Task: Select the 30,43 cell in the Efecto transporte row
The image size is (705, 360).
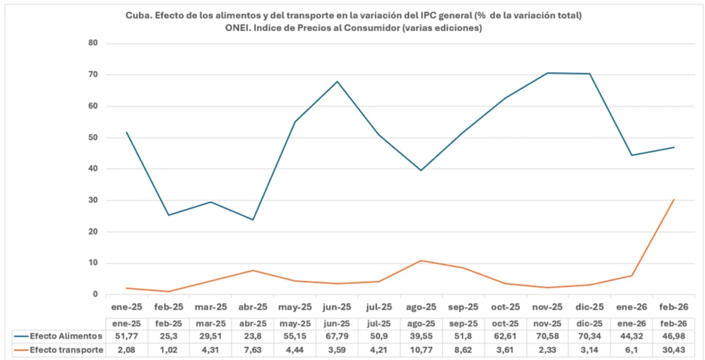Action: point(674,350)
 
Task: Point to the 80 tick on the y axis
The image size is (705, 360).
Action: point(93,43)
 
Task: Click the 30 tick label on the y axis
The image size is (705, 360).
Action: point(93,200)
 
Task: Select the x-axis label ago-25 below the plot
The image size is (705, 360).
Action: point(421,307)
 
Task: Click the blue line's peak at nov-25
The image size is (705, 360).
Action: point(547,73)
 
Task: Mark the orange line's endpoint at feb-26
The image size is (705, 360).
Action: point(674,200)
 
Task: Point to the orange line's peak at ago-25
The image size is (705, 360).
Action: point(421,261)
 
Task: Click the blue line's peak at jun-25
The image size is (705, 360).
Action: point(337,82)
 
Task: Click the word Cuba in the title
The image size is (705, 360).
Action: point(137,15)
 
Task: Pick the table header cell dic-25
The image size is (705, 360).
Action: point(589,323)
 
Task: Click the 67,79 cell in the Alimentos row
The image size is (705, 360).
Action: point(337,336)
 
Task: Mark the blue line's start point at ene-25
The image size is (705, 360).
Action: point(126,132)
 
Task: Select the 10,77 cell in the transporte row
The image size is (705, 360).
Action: point(421,350)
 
